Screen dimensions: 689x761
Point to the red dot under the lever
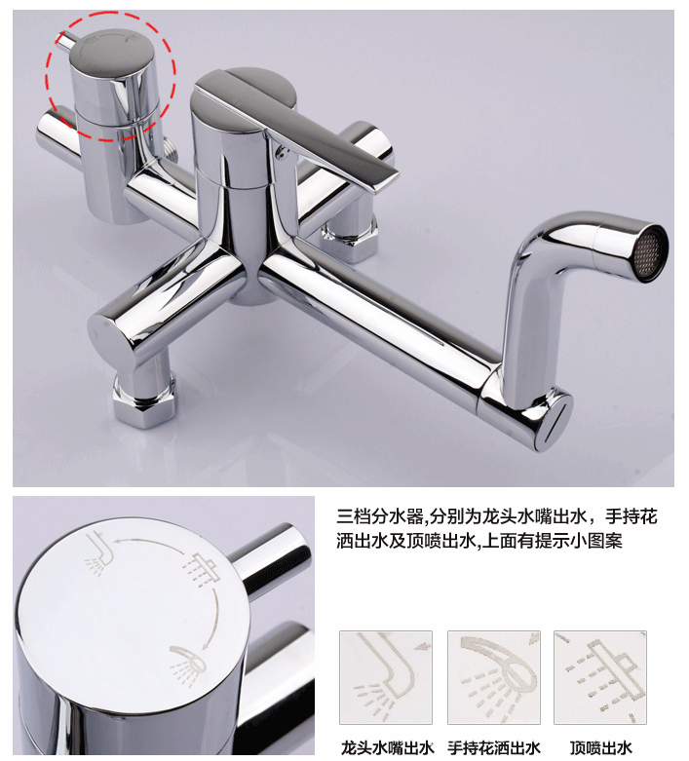click(278, 156)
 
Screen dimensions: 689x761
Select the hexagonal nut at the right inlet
click(350, 238)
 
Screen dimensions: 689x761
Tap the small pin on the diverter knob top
click(65, 41)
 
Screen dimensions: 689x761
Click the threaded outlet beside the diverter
click(170, 148)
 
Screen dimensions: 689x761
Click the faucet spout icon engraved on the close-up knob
click(99, 553)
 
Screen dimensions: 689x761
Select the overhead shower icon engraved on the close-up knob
click(202, 569)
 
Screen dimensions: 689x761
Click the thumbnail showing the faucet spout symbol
click(386, 677)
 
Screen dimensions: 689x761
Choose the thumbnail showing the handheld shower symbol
click(494, 677)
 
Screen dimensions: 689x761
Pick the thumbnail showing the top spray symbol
click(600, 677)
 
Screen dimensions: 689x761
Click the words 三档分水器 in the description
click(380, 516)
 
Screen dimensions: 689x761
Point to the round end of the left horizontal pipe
click(113, 341)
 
